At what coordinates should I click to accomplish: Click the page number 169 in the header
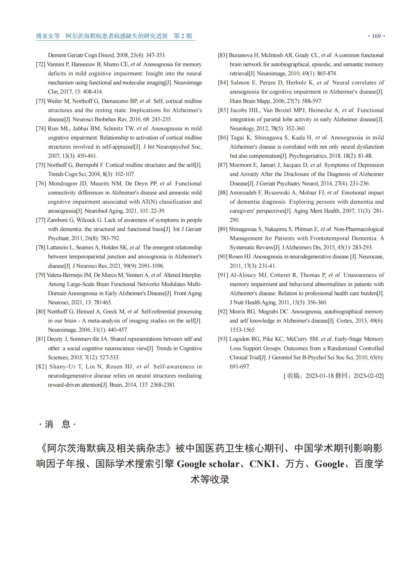tap(376, 36)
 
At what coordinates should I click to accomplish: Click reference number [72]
tap(41, 64)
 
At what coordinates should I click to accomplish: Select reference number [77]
tap(41, 220)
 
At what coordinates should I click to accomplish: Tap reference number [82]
tap(41, 367)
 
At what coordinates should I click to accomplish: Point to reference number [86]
tap(223, 138)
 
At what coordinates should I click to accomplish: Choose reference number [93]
tap(223, 339)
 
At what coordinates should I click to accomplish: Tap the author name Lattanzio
tap(57, 247)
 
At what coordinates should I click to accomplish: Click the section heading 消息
tap(57, 424)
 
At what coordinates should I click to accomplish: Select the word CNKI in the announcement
tap(262, 464)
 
